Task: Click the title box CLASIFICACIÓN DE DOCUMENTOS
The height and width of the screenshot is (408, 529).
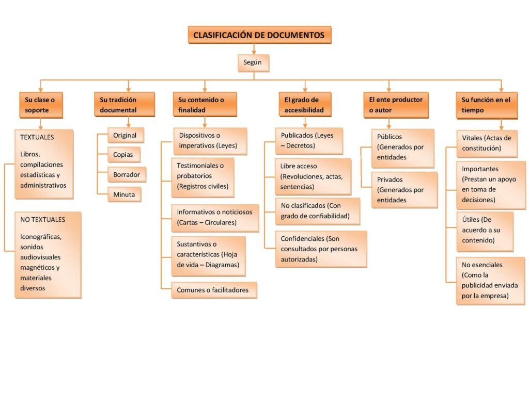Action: pos(259,35)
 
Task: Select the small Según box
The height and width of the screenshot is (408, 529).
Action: pos(253,63)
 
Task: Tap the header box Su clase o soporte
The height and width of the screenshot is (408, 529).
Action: pos(40,105)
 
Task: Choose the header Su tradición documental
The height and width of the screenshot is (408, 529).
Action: pos(125,105)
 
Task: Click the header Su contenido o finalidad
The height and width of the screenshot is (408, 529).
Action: pos(204,105)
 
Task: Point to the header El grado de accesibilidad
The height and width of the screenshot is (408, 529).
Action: pos(304,105)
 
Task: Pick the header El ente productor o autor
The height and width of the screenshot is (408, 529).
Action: pos(389,105)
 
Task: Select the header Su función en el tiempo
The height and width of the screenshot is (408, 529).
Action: pos(486,105)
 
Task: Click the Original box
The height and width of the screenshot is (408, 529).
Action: pos(125,136)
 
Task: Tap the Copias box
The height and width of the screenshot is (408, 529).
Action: pos(123,155)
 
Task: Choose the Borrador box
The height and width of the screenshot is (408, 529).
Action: pos(127,175)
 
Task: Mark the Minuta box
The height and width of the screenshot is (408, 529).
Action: pos(124,194)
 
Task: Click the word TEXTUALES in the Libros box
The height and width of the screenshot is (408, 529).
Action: pos(37,138)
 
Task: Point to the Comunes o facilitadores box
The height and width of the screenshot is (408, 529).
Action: pos(213,290)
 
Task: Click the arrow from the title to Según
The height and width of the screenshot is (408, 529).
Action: pos(254,49)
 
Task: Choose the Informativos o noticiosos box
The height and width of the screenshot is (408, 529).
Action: pos(214,218)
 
